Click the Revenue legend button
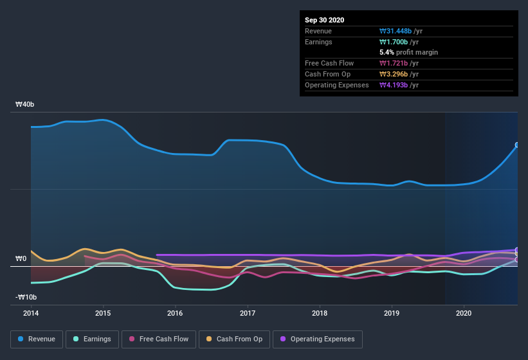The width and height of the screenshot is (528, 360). [37, 339]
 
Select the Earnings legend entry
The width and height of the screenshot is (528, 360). [93, 339]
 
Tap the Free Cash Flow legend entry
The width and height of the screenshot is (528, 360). [158, 339]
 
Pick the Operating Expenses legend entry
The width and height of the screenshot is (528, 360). [317, 339]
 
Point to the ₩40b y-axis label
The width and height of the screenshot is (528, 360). [25, 104]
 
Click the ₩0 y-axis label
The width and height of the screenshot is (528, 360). [21, 258]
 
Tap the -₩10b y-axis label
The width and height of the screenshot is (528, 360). [26, 297]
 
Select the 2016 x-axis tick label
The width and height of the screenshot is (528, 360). [175, 313]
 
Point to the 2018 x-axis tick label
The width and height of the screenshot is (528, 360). [319, 313]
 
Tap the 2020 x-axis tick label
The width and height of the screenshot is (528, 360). [464, 313]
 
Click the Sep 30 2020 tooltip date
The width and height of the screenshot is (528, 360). [325, 20]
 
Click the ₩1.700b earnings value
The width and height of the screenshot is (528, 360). [395, 42]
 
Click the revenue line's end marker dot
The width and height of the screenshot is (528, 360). [517, 145]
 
